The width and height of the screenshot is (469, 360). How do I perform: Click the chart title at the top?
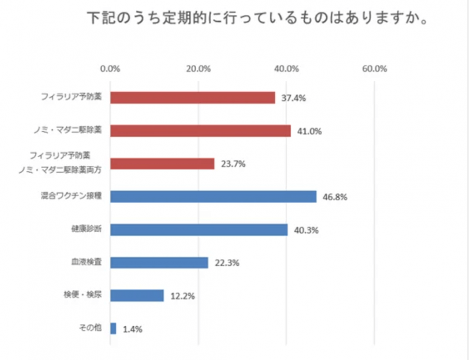[258, 19]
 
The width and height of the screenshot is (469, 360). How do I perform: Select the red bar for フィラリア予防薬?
[192, 98]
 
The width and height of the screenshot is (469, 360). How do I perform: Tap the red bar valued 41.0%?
[200, 131]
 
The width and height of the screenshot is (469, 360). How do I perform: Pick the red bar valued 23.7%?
[162, 163]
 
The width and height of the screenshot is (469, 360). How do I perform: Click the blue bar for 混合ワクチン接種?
[213, 196]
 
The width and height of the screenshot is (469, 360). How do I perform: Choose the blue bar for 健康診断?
[198, 229]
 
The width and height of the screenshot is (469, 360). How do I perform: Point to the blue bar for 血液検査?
[159, 262]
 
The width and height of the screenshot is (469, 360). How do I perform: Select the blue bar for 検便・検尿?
[137, 296]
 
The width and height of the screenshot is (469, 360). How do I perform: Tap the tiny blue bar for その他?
[113, 329]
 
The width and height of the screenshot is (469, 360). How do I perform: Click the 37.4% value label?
[293, 98]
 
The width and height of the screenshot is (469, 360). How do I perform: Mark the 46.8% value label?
[334, 197]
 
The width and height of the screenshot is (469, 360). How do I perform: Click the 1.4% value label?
[132, 329]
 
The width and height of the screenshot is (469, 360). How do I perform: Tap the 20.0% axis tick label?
[198, 69]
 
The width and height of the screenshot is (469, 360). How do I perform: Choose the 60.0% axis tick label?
[374, 69]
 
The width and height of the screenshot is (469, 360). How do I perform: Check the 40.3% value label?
[305, 230]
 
